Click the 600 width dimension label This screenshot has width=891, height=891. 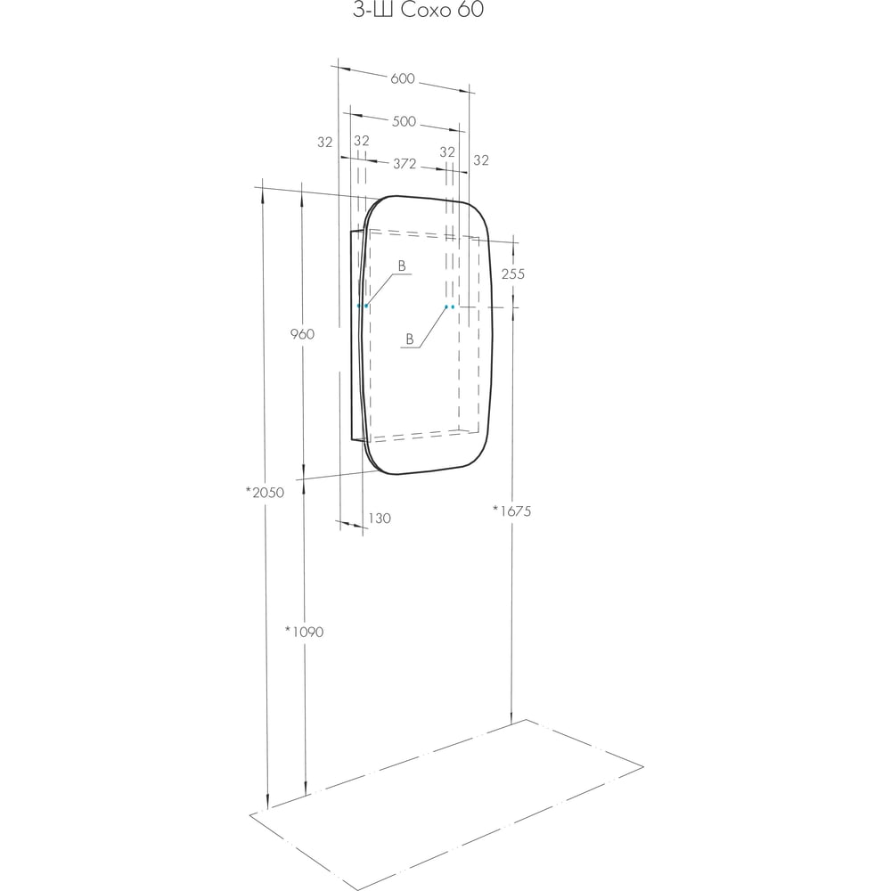(x=403, y=78)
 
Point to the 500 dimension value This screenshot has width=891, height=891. (x=404, y=121)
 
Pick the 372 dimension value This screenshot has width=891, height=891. (x=405, y=164)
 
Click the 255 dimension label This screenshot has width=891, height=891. (x=513, y=274)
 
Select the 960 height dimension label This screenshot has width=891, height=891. (x=302, y=334)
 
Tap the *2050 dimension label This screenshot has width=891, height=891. (x=265, y=493)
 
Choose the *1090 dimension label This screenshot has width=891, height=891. (x=304, y=632)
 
